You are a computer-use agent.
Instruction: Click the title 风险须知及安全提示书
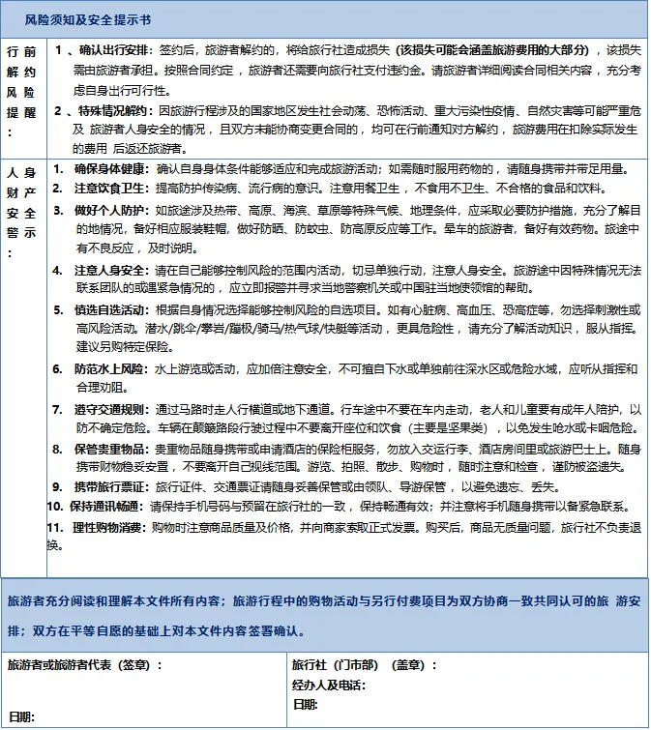(x=88, y=19)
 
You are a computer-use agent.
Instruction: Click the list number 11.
(x=55, y=527)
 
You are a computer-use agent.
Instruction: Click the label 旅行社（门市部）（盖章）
(x=363, y=665)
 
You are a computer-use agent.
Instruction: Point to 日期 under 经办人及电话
(x=306, y=705)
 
